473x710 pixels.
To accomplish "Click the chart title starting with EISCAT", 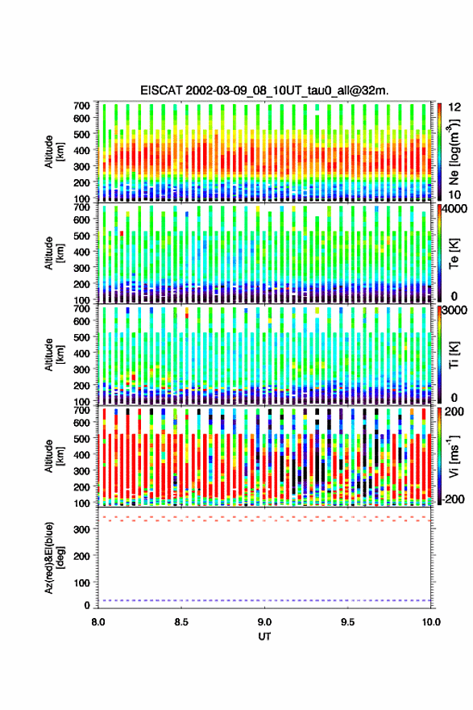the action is (264, 90).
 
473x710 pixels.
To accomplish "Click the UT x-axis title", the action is (264, 637).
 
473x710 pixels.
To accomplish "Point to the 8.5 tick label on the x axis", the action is (181, 622).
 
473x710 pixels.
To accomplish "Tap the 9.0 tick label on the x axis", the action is (264, 622).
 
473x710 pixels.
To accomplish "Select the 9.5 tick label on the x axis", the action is (348, 622).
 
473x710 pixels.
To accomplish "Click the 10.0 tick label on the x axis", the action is (431, 622).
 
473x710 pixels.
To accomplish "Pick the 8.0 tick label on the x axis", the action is (98, 622).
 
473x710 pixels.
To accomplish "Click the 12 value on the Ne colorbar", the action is (454, 107).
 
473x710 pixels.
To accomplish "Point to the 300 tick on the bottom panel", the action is (83, 529).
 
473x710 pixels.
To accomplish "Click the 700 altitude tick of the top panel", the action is (82, 106).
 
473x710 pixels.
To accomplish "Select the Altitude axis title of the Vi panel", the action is (54, 456).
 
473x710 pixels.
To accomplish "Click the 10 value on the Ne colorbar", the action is (454, 194).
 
